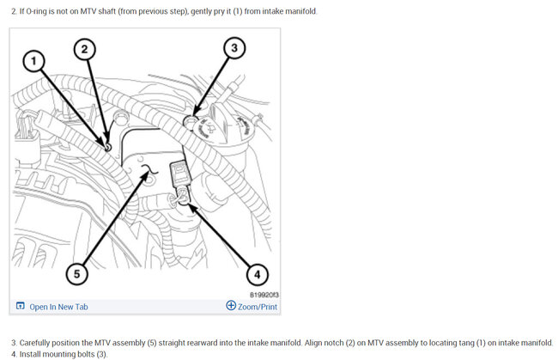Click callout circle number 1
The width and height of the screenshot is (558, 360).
click(33, 61)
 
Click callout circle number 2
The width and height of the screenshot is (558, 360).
click(84, 49)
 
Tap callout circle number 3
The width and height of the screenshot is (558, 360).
click(234, 48)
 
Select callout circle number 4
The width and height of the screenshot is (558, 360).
click(258, 274)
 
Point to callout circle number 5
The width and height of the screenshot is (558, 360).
click(77, 274)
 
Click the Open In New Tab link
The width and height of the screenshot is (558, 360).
click(58, 307)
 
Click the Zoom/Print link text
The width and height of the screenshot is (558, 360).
click(258, 307)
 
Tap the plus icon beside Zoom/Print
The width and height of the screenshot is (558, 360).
click(231, 305)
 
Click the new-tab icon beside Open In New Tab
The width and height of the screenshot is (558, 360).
click(21, 306)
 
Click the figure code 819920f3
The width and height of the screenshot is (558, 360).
click(264, 295)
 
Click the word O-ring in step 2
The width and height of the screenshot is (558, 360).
click(36, 11)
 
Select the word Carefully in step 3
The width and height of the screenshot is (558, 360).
click(34, 343)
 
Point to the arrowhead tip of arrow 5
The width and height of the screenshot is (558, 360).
click(149, 172)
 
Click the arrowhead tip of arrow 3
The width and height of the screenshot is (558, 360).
click(194, 117)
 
